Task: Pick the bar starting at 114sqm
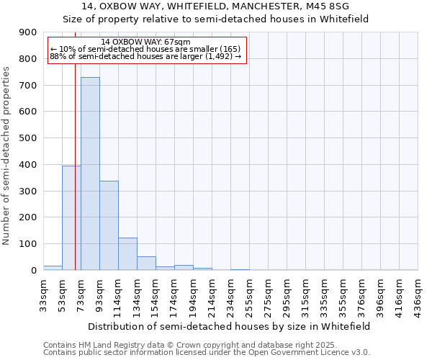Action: [x=127, y=253]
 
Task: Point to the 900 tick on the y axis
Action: [x=28, y=32]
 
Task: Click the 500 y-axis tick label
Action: [x=28, y=138]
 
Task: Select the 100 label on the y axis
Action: [x=28, y=244]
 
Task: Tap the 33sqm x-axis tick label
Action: [x=43, y=292]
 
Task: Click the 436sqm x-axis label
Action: [x=418, y=292]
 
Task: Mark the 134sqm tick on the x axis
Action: [x=137, y=292]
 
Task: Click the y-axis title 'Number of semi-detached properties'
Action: [x=7, y=156]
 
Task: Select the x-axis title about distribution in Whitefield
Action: [x=230, y=326]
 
